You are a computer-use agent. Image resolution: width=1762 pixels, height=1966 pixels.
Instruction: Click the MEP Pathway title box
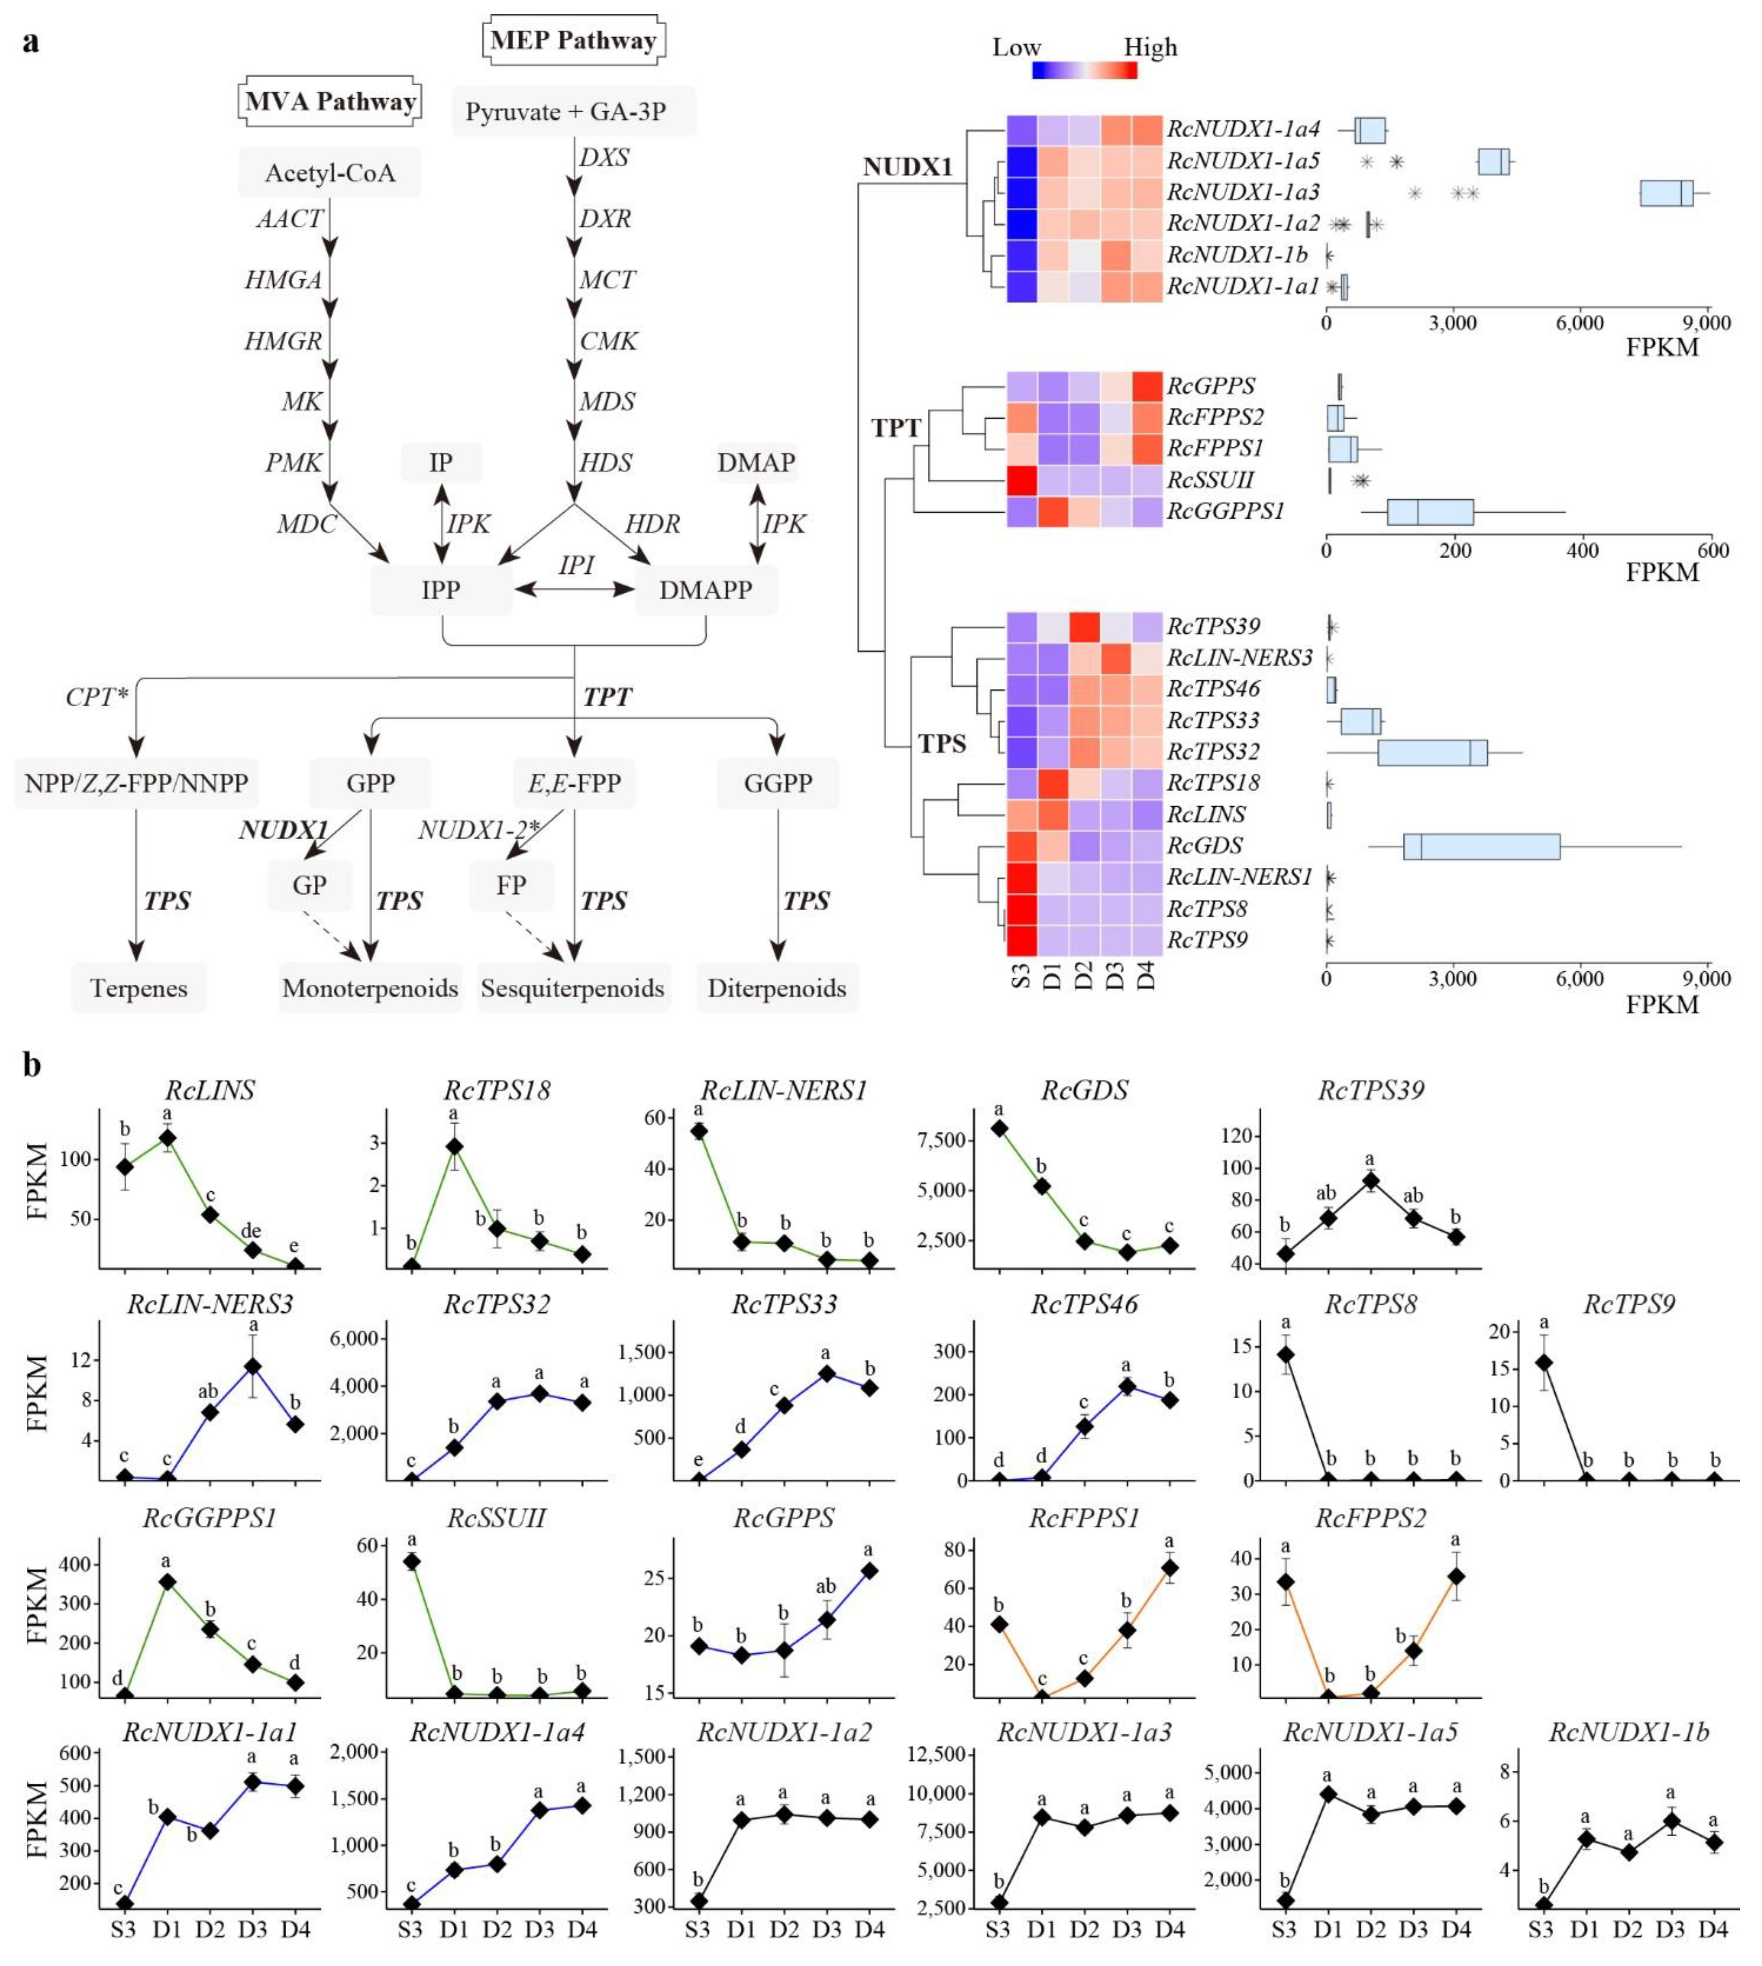[573, 41]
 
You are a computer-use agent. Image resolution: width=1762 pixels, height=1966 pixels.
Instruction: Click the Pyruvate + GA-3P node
[573, 112]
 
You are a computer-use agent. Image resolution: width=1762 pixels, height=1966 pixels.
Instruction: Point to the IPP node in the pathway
[441, 589]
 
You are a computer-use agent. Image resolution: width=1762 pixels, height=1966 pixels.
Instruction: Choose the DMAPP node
[706, 589]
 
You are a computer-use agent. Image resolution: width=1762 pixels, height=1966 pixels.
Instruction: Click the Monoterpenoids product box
[370, 988]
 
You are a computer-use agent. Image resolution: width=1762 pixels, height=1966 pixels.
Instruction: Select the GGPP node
[777, 783]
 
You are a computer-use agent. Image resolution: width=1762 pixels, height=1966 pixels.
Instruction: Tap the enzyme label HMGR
[283, 341]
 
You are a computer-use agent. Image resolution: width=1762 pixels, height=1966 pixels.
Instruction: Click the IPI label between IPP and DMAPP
[576, 564]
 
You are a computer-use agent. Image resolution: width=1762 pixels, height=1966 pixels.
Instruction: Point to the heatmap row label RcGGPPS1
[1226, 511]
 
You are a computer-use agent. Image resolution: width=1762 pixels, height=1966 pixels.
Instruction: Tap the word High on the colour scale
[1150, 47]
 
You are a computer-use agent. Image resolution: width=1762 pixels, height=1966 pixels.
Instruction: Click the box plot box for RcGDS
[1481, 846]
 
